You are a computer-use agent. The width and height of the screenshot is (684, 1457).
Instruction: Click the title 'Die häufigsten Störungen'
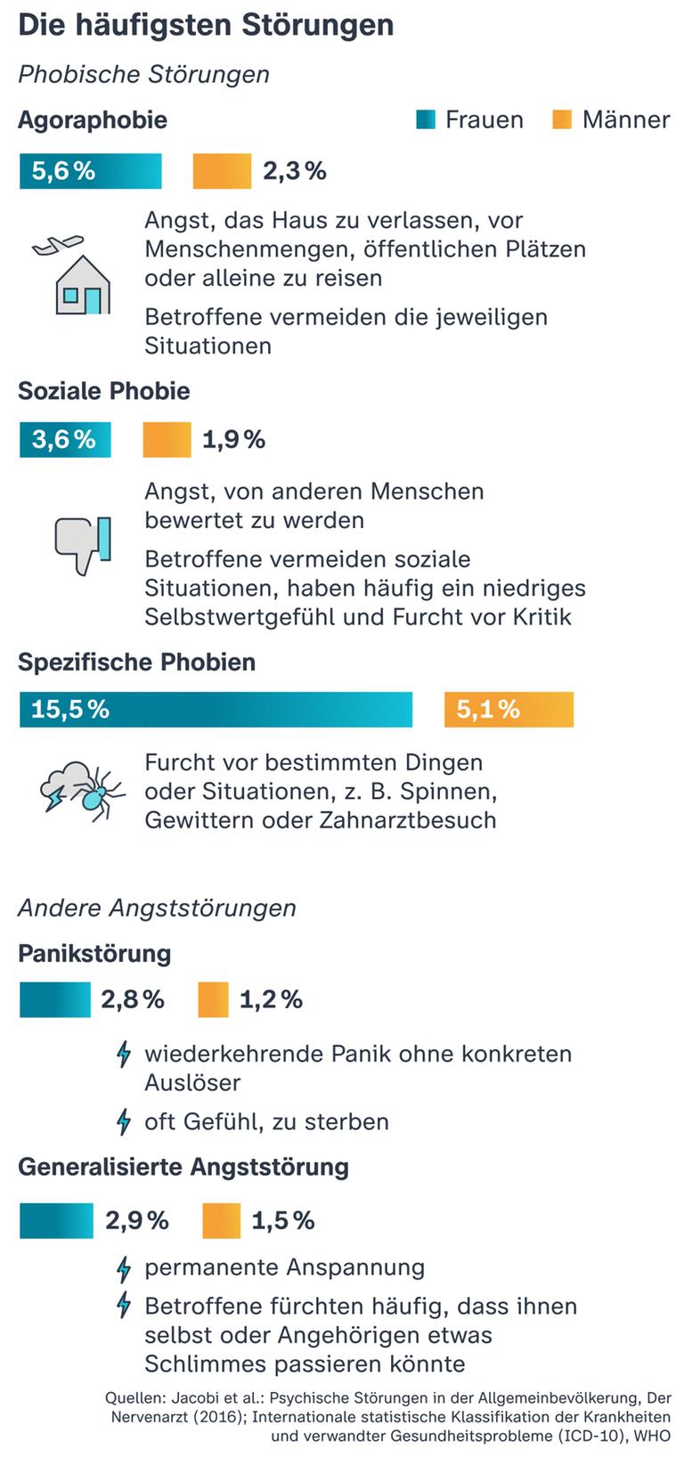pos(206,26)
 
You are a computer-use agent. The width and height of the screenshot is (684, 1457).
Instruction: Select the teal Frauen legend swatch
pos(426,119)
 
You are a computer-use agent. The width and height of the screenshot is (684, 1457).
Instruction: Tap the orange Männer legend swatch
pos(562,119)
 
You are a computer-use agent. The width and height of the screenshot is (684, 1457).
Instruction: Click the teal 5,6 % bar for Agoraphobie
pos(91,171)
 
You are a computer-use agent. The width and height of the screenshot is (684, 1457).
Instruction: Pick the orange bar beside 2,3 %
pos(222,171)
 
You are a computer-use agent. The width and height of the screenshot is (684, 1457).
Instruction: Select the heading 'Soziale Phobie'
pos(104,391)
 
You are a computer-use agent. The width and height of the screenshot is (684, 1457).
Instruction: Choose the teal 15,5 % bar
pos(216,710)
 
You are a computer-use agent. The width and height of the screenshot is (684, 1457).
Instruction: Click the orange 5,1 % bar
pos(509,710)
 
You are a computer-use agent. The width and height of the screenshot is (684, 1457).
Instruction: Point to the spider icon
pos(94,794)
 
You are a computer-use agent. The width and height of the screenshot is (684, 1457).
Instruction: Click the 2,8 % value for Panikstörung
pos(133,999)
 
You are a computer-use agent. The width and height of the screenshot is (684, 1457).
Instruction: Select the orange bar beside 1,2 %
pos(214,999)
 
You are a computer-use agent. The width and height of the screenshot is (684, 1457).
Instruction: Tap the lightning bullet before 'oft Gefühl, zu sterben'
pos(125,1122)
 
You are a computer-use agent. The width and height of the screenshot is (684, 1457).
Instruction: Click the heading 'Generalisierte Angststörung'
pos(183,1167)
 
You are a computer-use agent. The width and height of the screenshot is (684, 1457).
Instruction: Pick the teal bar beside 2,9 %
pos(56,1221)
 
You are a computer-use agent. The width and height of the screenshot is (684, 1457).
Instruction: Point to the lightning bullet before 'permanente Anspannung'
pos(125,1268)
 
